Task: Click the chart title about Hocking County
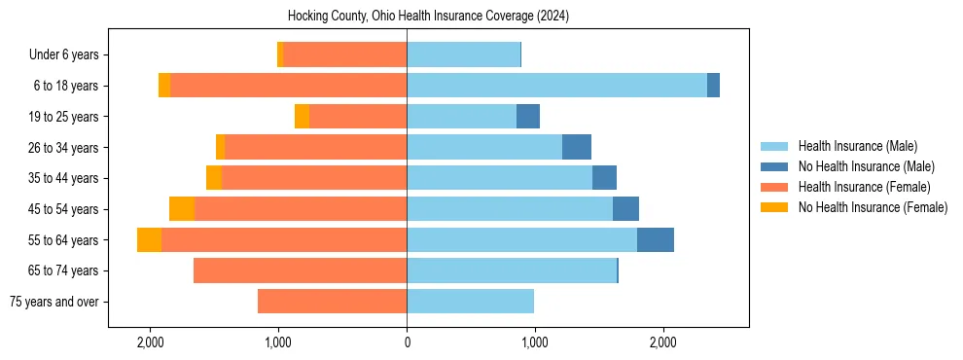[x=428, y=17]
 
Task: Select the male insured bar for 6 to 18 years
[x=556, y=86]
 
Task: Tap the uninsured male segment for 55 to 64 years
[x=655, y=240]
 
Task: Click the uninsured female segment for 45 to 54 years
[x=181, y=209]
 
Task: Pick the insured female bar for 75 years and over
[x=332, y=302]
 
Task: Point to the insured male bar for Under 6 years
[x=463, y=54]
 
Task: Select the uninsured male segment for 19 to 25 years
[x=527, y=117]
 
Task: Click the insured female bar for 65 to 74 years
[x=300, y=270]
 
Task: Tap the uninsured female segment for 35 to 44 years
[x=214, y=178]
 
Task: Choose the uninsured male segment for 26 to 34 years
[x=576, y=147]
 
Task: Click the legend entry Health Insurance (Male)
[x=857, y=146]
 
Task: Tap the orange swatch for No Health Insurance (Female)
[x=774, y=207]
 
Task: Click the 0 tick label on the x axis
[x=407, y=342]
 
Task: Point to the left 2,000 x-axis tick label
[x=150, y=342]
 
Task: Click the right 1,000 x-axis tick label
[x=534, y=342]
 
